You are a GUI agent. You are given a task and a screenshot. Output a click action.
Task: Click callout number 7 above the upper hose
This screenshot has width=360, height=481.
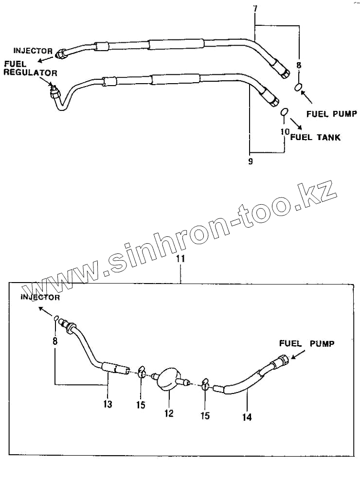255,9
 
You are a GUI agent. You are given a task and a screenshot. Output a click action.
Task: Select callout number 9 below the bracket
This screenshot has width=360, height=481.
251,161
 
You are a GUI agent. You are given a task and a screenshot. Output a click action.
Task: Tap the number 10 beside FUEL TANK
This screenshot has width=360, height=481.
285,131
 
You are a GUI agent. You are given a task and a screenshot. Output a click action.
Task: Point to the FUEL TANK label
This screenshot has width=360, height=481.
315,137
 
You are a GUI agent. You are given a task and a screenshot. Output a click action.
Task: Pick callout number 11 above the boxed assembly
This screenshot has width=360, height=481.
180,259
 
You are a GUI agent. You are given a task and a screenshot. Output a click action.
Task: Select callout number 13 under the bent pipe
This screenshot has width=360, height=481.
108,404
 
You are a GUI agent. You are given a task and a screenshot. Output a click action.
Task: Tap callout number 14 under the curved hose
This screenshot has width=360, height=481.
247,416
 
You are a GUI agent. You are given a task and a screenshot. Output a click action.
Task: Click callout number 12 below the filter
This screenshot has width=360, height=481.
168,413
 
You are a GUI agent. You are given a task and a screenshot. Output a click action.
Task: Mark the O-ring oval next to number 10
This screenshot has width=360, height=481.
285,113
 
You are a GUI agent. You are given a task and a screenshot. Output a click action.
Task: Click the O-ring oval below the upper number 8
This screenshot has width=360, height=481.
299,88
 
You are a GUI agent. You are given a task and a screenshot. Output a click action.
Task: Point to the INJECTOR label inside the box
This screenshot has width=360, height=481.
40,297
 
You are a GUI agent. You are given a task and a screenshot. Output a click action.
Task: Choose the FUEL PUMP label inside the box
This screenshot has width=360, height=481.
306,343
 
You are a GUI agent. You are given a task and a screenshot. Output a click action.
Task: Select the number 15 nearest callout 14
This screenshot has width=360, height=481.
205,416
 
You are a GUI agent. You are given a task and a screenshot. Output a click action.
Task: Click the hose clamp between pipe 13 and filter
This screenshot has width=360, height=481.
141,372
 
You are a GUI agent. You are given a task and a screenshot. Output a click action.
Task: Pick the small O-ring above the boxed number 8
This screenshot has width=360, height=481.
56,319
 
